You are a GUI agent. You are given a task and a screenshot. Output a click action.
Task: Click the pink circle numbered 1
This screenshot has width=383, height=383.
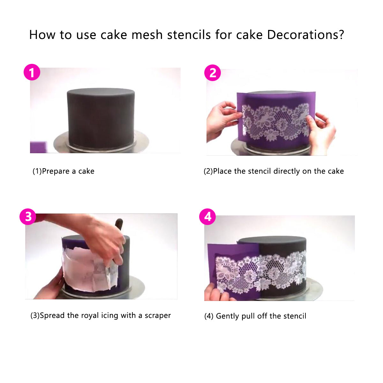(x=32, y=72)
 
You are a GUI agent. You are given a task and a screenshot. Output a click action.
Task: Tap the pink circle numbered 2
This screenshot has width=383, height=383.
(x=213, y=73)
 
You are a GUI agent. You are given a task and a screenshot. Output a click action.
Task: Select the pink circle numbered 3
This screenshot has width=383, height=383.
(x=28, y=217)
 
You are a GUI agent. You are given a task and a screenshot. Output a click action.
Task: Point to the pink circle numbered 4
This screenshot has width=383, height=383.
(x=207, y=217)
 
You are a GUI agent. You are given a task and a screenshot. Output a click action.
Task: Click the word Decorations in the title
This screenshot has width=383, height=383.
(x=305, y=35)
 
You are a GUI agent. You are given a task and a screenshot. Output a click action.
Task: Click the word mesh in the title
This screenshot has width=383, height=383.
(x=147, y=35)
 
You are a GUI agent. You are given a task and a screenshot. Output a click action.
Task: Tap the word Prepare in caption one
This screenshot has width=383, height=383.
(x=56, y=171)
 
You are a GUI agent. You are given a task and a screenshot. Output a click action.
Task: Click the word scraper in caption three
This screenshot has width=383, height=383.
(x=158, y=316)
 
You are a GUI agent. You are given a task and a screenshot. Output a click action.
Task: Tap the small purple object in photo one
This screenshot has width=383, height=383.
(x=38, y=147)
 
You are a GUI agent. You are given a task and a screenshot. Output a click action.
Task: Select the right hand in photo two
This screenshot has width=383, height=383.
(x=320, y=131)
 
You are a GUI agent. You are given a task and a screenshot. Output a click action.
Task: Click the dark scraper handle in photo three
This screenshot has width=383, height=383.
(x=119, y=224)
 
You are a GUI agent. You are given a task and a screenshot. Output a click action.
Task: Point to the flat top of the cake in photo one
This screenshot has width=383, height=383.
(x=101, y=91)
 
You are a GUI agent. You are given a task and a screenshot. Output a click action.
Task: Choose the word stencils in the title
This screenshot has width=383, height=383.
(x=189, y=35)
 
